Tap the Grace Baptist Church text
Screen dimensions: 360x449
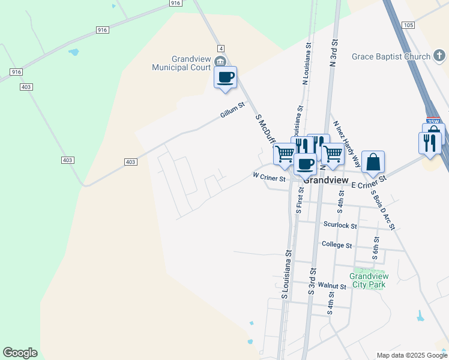pyautogui.click(x=391, y=56)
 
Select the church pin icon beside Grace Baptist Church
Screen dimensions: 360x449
pyautogui.click(x=439, y=56)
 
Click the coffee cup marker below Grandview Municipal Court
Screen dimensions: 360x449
pyautogui.click(x=225, y=78)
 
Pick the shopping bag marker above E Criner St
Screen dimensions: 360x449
pyautogui.click(x=373, y=162)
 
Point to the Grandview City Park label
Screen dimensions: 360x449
pyautogui.click(x=369, y=280)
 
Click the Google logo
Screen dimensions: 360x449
pyautogui.click(x=20, y=353)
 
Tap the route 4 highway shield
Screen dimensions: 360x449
pyautogui.click(x=221, y=48)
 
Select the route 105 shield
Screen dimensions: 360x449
pyautogui.click(x=409, y=25)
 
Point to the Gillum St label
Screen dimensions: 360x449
pyautogui.click(x=232, y=109)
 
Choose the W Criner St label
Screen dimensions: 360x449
pyautogui.click(x=268, y=176)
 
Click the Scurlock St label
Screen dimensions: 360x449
pyautogui.click(x=340, y=226)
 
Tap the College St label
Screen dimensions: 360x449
pyautogui.click(x=336, y=245)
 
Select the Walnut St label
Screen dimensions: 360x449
pyautogui.click(x=333, y=286)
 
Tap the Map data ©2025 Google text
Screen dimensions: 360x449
pyautogui.click(x=411, y=355)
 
